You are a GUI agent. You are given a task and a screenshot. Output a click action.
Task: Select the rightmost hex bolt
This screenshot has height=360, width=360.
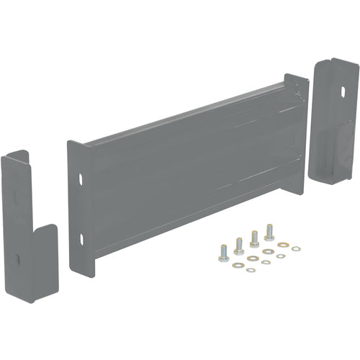pyautogui.click(x=269, y=232)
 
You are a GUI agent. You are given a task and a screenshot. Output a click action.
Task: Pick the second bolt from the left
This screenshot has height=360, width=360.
pyautogui.click(x=238, y=246)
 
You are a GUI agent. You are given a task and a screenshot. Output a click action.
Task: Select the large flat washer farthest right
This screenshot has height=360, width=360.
pyautogui.click(x=295, y=248)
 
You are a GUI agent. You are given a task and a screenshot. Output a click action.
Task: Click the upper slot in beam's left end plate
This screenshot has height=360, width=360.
pyautogui.click(x=81, y=177)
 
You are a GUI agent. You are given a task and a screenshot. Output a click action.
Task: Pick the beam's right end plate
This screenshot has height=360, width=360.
pyautogui.click(x=296, y=130)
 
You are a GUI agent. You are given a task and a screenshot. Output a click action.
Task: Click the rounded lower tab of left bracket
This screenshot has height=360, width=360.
pyautogui.click(x=45, y=252)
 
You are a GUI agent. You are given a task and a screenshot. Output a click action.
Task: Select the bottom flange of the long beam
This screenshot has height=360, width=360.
pyautogui.click(x=194, y=230)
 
